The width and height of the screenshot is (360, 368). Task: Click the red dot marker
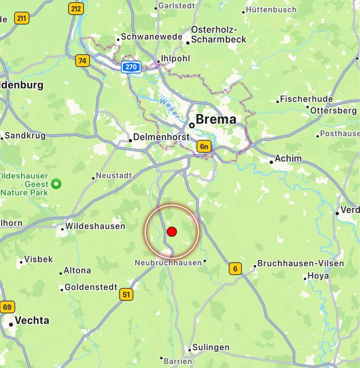pos(172,232)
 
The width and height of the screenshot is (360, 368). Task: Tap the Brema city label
pos(216,120)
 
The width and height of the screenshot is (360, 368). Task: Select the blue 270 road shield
pos(131,67)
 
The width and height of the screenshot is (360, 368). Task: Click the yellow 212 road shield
pos(76,9)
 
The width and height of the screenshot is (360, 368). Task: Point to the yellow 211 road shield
pos(22,18)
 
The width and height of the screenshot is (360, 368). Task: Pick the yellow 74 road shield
pos(82,61)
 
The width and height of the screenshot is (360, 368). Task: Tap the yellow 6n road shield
pos(204,147)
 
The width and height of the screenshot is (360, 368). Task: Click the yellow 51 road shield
pos(126,294)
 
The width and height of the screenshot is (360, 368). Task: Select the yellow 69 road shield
pos(7,307)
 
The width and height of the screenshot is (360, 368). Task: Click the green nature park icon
pos(57,184)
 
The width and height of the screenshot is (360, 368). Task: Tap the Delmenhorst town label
pos(161,137)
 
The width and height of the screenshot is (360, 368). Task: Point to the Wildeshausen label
pos(95,226)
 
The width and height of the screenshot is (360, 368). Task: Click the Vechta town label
pos(32,321)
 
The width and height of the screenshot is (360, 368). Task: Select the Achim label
pos(288,159)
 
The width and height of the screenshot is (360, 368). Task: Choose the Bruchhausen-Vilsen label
pos(300,263)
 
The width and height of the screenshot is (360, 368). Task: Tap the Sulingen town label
pos(211,347)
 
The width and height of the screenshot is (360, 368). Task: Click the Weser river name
pos(169,107)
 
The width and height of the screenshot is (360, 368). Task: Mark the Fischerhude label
pos(306,100)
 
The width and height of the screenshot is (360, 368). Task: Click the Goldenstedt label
pos(91,287)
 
